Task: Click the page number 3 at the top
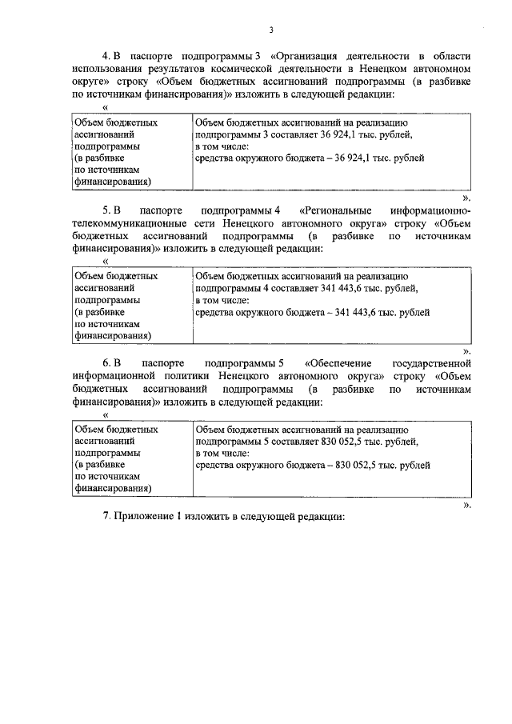click(270, 30)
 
